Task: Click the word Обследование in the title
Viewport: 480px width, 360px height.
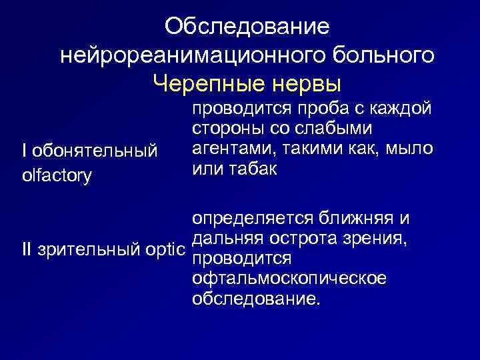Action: (x=247, y=27)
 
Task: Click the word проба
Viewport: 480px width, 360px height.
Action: (x=317, y=109)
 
